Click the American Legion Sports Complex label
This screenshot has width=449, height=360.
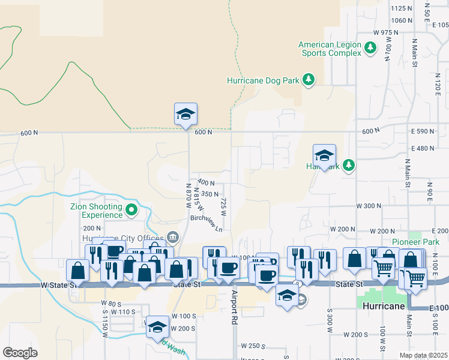330,49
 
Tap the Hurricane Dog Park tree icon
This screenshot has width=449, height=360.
309,80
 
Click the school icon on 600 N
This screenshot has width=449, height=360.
186,114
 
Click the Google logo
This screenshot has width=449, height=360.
20,353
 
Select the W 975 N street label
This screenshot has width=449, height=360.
385,32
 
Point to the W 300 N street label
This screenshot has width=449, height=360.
369,206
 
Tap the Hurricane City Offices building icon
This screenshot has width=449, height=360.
173,237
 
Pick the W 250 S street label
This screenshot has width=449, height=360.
253,346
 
